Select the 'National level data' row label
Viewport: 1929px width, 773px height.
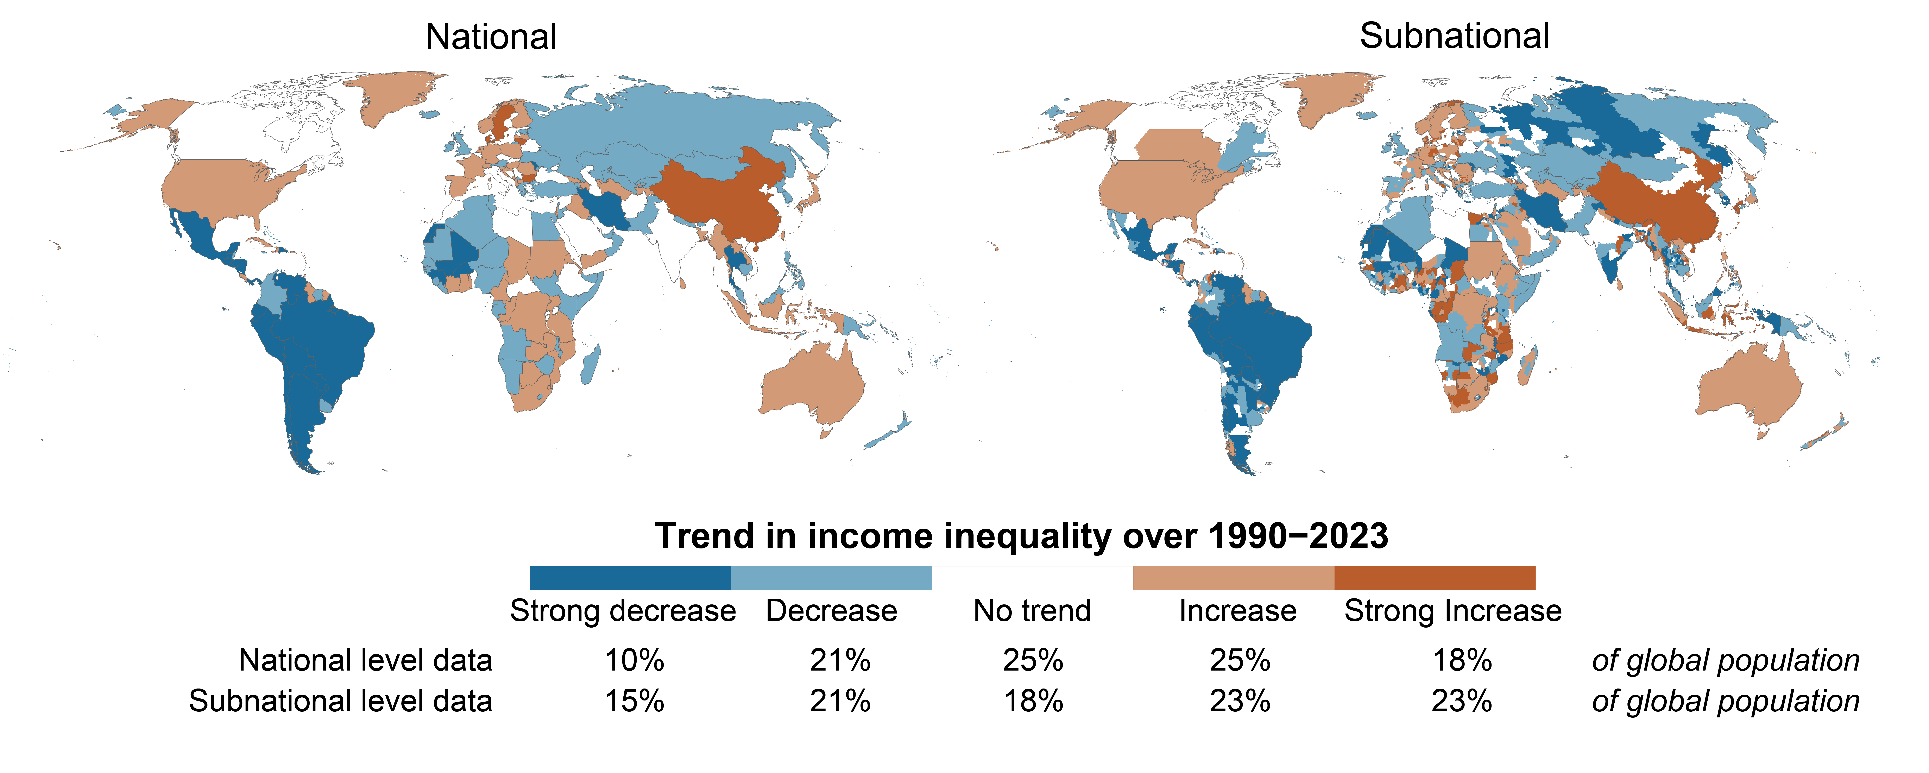(x=365, y=661)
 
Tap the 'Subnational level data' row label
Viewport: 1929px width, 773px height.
(x=341, y=701)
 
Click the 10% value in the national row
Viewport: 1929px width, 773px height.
(x=634, y=661)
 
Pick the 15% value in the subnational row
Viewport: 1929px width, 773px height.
(x=634, y=701)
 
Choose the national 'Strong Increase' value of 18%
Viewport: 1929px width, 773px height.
(x=1462, y=661)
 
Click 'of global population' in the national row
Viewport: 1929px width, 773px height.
(x=1725, y=661)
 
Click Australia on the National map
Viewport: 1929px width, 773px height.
(x=813, y=386)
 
